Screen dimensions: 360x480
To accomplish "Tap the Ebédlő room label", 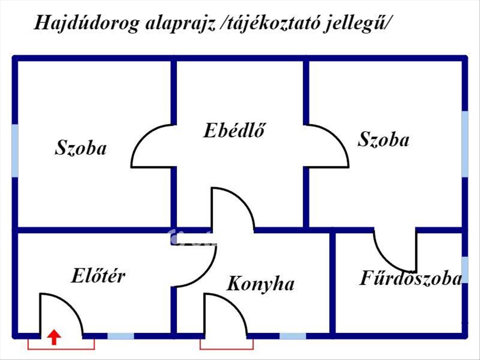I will click(234, 131).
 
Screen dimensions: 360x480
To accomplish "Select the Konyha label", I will click(261, 284).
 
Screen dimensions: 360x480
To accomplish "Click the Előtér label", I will click(98, 276).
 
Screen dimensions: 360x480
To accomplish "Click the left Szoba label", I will click(81, 148).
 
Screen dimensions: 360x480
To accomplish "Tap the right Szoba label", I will click(384, 140).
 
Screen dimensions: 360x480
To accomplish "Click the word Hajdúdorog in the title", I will click(86, 23).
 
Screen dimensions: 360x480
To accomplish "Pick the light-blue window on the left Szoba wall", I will click(15, 150).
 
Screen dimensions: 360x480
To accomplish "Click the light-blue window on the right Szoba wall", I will click(464, 144).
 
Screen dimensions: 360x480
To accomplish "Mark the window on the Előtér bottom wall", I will click(121, 336).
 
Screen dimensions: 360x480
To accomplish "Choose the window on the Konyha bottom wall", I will click(292, 336).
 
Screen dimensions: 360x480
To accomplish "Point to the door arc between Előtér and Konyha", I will click(204, 272).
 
